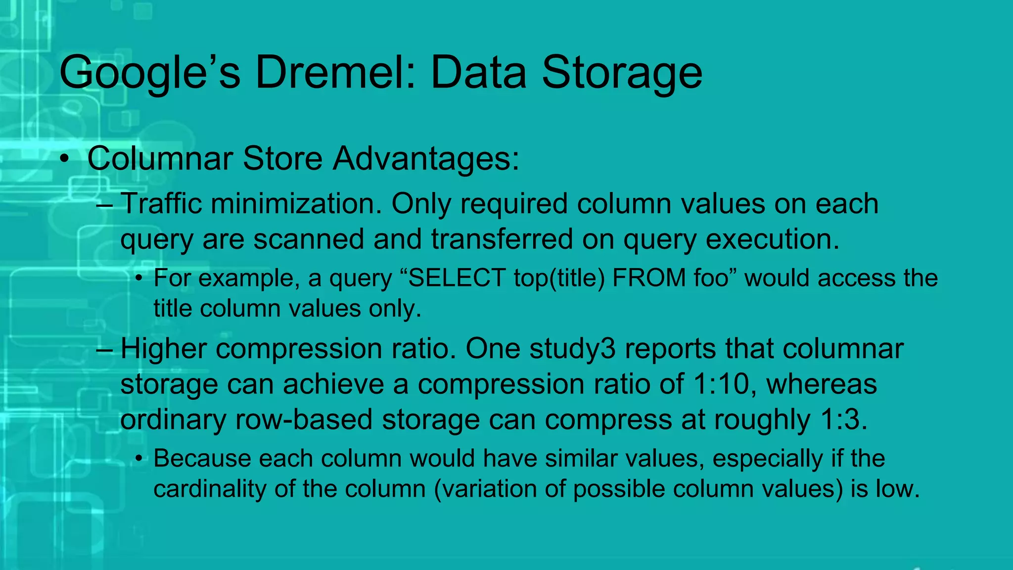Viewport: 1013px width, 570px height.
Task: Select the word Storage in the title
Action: click(x=622, y=73)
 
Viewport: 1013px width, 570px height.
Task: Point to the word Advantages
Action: click(x=425, y=159)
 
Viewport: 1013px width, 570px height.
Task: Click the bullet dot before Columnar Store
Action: click(x=64, y=160)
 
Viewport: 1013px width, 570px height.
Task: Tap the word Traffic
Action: click(x=161, y=203)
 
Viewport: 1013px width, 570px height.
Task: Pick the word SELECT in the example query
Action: click(x=457, y=278)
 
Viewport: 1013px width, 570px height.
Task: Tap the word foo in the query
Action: click(x=711, y=278)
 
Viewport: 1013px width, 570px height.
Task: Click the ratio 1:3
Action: click(x=843, y=420)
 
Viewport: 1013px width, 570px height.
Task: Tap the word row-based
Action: click(x=303, y=420)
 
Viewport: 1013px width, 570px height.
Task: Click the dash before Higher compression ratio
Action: click(x=105, y=349)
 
